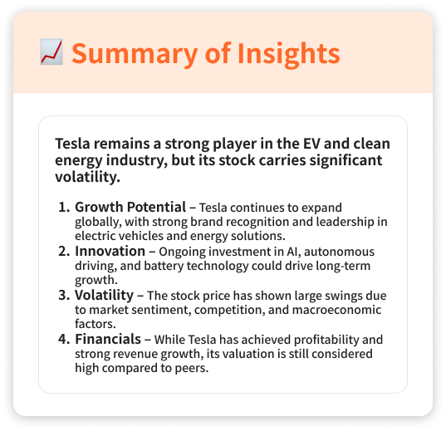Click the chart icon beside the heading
51,52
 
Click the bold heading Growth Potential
130,207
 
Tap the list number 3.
65,296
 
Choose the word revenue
139,355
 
